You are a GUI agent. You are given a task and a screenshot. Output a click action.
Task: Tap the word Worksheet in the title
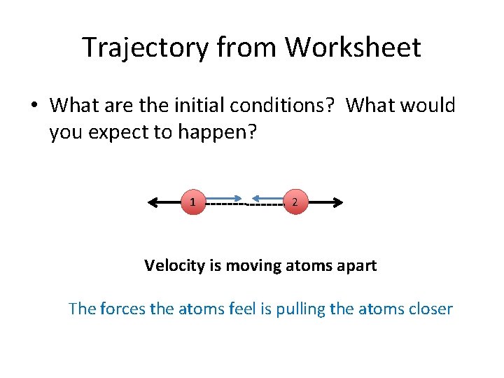(353, 48)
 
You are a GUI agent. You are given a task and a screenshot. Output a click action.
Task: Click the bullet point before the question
(34, 106)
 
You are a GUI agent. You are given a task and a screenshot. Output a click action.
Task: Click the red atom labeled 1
(192, 202)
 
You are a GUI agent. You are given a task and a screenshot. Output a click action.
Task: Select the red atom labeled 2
(295, 202)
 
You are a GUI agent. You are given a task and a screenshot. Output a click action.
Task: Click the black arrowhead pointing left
(153, 202)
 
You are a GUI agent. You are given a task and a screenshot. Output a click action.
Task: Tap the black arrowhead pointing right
(337, 202)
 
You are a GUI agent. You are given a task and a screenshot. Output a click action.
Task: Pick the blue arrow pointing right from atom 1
(224, 197)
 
